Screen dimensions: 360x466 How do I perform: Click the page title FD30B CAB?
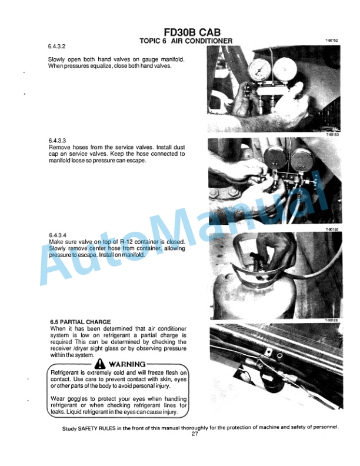pos(192,32)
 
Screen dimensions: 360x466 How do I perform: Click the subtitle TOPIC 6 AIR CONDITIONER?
pos(186,41)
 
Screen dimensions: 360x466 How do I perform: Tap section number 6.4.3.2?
pos(56,46)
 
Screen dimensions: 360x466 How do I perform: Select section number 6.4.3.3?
pos(57,141)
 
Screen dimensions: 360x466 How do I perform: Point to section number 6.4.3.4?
pos(58,235)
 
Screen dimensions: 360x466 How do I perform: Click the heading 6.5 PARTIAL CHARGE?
pos(80,322)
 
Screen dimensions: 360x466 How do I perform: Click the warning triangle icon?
pos(99,364)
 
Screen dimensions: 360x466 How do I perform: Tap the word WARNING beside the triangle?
pos(127,364)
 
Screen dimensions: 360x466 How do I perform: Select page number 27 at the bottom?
pos(195,434)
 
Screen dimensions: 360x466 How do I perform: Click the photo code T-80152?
pos(332,40)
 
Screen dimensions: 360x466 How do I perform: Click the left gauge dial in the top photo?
pos(259,71)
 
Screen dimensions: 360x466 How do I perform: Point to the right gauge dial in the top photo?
pos(284,70)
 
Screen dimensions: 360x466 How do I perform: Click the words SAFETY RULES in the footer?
pos(96,428)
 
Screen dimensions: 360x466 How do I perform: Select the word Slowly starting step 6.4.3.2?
pos(56,59)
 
